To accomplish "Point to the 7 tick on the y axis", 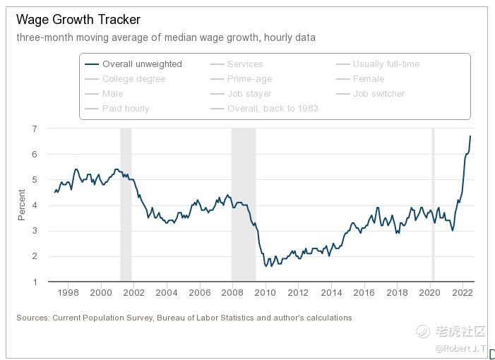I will click(x=34, y=128).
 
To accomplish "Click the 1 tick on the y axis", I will click(x=34, y=282).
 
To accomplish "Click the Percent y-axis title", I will click(x=21, y=205).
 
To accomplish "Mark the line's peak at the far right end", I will click(x=470, y=136).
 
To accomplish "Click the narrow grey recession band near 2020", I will click(x=433, y=205).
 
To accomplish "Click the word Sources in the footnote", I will click(x=32, y=318).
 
